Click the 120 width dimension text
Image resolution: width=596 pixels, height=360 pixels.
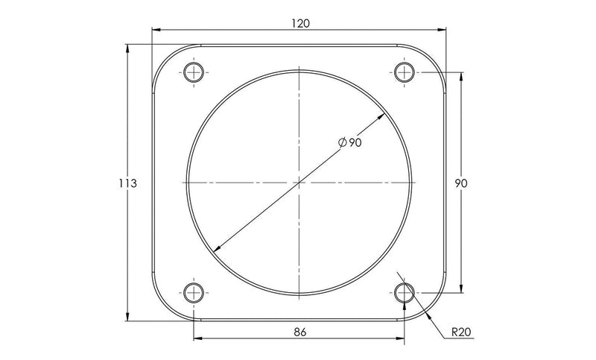tap(299, 23)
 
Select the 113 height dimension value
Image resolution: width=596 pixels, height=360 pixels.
tap(127, 183)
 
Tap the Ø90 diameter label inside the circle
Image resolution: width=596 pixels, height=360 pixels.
tap(349, 143)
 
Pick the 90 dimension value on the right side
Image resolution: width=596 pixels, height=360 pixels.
tap(461, 183)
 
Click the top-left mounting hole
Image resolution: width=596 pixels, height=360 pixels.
tap(194, 72)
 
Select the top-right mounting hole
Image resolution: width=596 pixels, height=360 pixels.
tap(405, 72)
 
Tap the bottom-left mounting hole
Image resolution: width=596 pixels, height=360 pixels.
tap(194, 291)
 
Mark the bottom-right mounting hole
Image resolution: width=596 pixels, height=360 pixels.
tap(405, 291)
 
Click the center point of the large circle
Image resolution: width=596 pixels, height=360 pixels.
tap(299, 182)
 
